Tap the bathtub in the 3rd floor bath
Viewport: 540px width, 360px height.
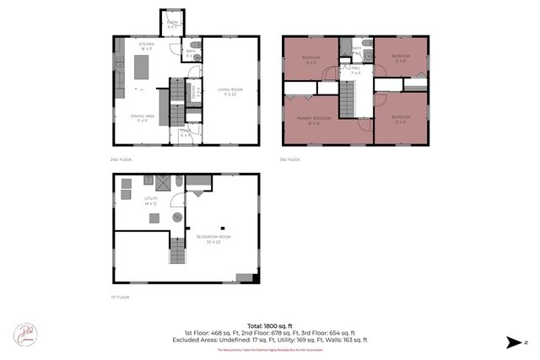tap(357, 41)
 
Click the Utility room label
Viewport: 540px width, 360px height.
tap(150, 201)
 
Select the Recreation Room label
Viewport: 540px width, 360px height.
tap(213, 239)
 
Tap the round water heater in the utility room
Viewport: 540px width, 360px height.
tap(177, 218)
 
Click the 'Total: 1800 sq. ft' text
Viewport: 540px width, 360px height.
tap(270, 325)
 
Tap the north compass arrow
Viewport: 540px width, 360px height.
tap(513, 342)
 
